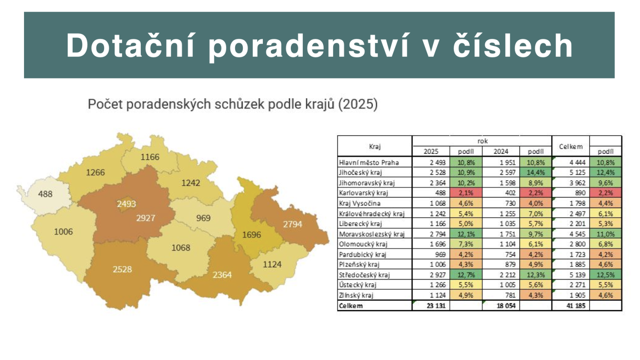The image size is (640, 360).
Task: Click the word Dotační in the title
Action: [x=130, y=46]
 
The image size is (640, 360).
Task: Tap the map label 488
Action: [x=45, y=194]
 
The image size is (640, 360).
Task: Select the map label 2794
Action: [x=292, y=224]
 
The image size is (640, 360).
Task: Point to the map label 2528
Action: [x=122, y=269]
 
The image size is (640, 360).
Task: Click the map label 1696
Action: [x=251, y=235]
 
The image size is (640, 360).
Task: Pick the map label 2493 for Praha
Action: [x=126, y=204]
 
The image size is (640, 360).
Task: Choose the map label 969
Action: [x=203, y=218]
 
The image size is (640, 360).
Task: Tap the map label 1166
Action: [x=150, y=157]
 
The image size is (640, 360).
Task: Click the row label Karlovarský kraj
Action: [x=363, y=193]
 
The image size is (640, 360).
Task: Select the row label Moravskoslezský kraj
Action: [x=372, y=234]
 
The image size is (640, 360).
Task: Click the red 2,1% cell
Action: [x=466, y=193]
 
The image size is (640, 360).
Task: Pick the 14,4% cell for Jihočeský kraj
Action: [x=536, y=172]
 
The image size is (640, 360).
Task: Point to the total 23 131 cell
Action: [x=436, y=306]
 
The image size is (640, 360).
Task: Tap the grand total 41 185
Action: [x=576, y=306]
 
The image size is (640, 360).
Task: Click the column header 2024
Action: [x=501, y=151]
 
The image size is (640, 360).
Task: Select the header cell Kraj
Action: [x=374, y=146]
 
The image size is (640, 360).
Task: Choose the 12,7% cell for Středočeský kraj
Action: [x=466, y=275]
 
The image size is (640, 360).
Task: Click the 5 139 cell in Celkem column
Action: [x=577, y=275]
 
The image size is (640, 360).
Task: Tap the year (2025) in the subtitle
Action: [x=358, y=104]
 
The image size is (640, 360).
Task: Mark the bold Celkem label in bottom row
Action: [x=351, y=306]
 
